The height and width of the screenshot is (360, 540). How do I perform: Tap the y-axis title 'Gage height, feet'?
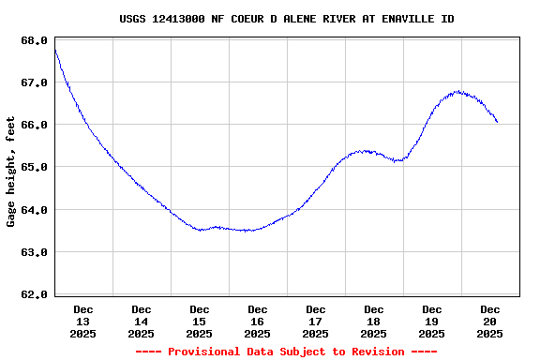[11, 172]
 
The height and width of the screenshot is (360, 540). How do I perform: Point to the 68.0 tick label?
[33, 40]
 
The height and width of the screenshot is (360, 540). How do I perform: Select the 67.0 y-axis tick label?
[33, 82]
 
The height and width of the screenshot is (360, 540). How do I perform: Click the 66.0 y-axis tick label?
[33, 125]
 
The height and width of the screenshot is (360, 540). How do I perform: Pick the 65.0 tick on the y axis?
[33, 167]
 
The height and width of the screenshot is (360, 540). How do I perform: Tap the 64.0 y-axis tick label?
[33, 210]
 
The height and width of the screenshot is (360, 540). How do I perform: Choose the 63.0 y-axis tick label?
[33, 252]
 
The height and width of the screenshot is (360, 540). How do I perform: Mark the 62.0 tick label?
[33, 294]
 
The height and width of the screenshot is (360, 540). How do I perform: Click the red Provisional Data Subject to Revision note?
[287, 352]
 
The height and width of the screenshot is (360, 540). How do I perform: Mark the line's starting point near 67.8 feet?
[55, 50]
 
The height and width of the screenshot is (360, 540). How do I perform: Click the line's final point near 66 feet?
[497, 122]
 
